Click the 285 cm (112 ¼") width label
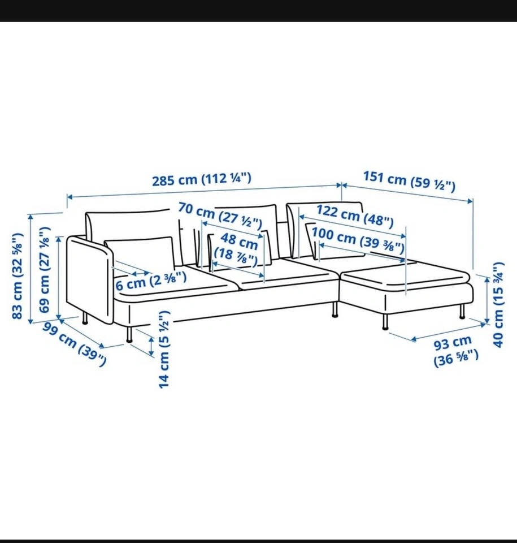click(x=202, y=179)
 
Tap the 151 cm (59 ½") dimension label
click(x=409, y=181)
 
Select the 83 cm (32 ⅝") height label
click(x=18, y=276)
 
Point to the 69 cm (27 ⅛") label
click(x=44, y=270)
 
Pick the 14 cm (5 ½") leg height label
click(x=164, y=350)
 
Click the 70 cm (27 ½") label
click(x=220, y=216)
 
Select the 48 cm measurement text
click(x=239, y=241)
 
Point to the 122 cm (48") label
click(x=355, y=216)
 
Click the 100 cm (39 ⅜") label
click(x=358, y=239)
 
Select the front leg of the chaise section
click(x=385, y=322)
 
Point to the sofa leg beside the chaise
click(x=334, y=309)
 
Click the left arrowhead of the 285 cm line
click(x=69, y=197)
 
